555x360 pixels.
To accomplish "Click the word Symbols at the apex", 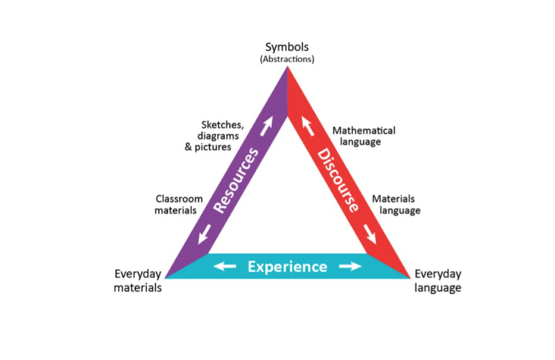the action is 287,47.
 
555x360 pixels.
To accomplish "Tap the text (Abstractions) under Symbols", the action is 287,59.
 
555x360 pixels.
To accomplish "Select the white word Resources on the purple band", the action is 236,180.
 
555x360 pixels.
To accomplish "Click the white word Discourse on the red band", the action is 338,180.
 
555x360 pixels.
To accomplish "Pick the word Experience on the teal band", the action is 287,266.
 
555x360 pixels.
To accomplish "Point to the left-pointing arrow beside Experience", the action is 225,266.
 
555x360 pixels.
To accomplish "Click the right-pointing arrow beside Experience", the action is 350,266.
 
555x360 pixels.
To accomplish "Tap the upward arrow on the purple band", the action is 266,126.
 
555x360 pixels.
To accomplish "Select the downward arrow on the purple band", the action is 205,234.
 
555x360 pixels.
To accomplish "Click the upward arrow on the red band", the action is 307,126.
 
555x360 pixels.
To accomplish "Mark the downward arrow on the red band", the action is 370,234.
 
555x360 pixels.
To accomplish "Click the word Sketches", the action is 222,125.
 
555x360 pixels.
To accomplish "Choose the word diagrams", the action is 218,136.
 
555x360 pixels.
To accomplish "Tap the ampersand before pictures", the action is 188,146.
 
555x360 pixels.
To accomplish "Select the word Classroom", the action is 179,199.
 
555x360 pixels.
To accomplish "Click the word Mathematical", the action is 364,130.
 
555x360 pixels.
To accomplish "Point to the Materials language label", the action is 396,204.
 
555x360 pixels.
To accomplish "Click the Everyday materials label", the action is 137,281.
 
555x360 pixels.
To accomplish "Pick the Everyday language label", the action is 438,281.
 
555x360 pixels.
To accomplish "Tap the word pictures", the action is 213,147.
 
